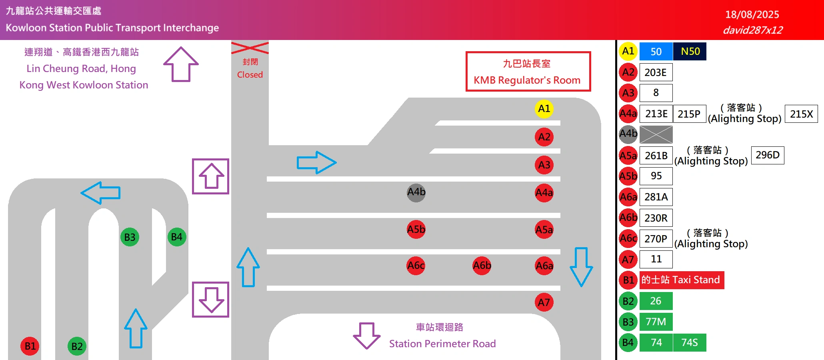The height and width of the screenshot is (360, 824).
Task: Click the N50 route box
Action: (x=690, y=52)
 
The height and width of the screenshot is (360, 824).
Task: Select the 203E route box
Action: (x=656, y=72)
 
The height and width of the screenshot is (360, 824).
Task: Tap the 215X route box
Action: (x=801, y=114)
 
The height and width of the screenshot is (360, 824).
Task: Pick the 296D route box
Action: (x=768, y=155)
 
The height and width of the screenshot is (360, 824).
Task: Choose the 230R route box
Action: (x=656, y=218)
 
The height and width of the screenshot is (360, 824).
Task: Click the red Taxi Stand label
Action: (x=682, y=280)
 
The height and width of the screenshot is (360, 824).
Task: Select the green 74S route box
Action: (x=690, y=343)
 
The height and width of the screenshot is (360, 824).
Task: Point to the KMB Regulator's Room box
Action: (x=528, y=72)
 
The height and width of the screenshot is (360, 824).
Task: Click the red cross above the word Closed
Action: (x=250, y=48)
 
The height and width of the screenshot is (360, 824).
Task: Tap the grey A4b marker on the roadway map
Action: (x=416, y=192)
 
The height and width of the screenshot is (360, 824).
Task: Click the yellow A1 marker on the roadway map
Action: (x=544, y=109)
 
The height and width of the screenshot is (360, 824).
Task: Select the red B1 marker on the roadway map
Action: (x=30, y=346)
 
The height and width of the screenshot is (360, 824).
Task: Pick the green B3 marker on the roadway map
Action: (x=130, y=237)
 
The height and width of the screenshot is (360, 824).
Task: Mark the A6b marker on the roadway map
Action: (x=482, y=266)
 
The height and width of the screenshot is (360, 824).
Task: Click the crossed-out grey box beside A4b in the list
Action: (x=656, y=134)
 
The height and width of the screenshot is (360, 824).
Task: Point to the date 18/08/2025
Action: (x=752, y=15)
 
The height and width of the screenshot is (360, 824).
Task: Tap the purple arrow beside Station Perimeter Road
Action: (x=366, y=335)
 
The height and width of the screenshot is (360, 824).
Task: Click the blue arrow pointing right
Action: (x=316, y=162)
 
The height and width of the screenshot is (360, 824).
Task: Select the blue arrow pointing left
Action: (x=101, y=193)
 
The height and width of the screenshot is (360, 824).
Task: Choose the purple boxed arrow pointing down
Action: (x=211, y=300)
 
